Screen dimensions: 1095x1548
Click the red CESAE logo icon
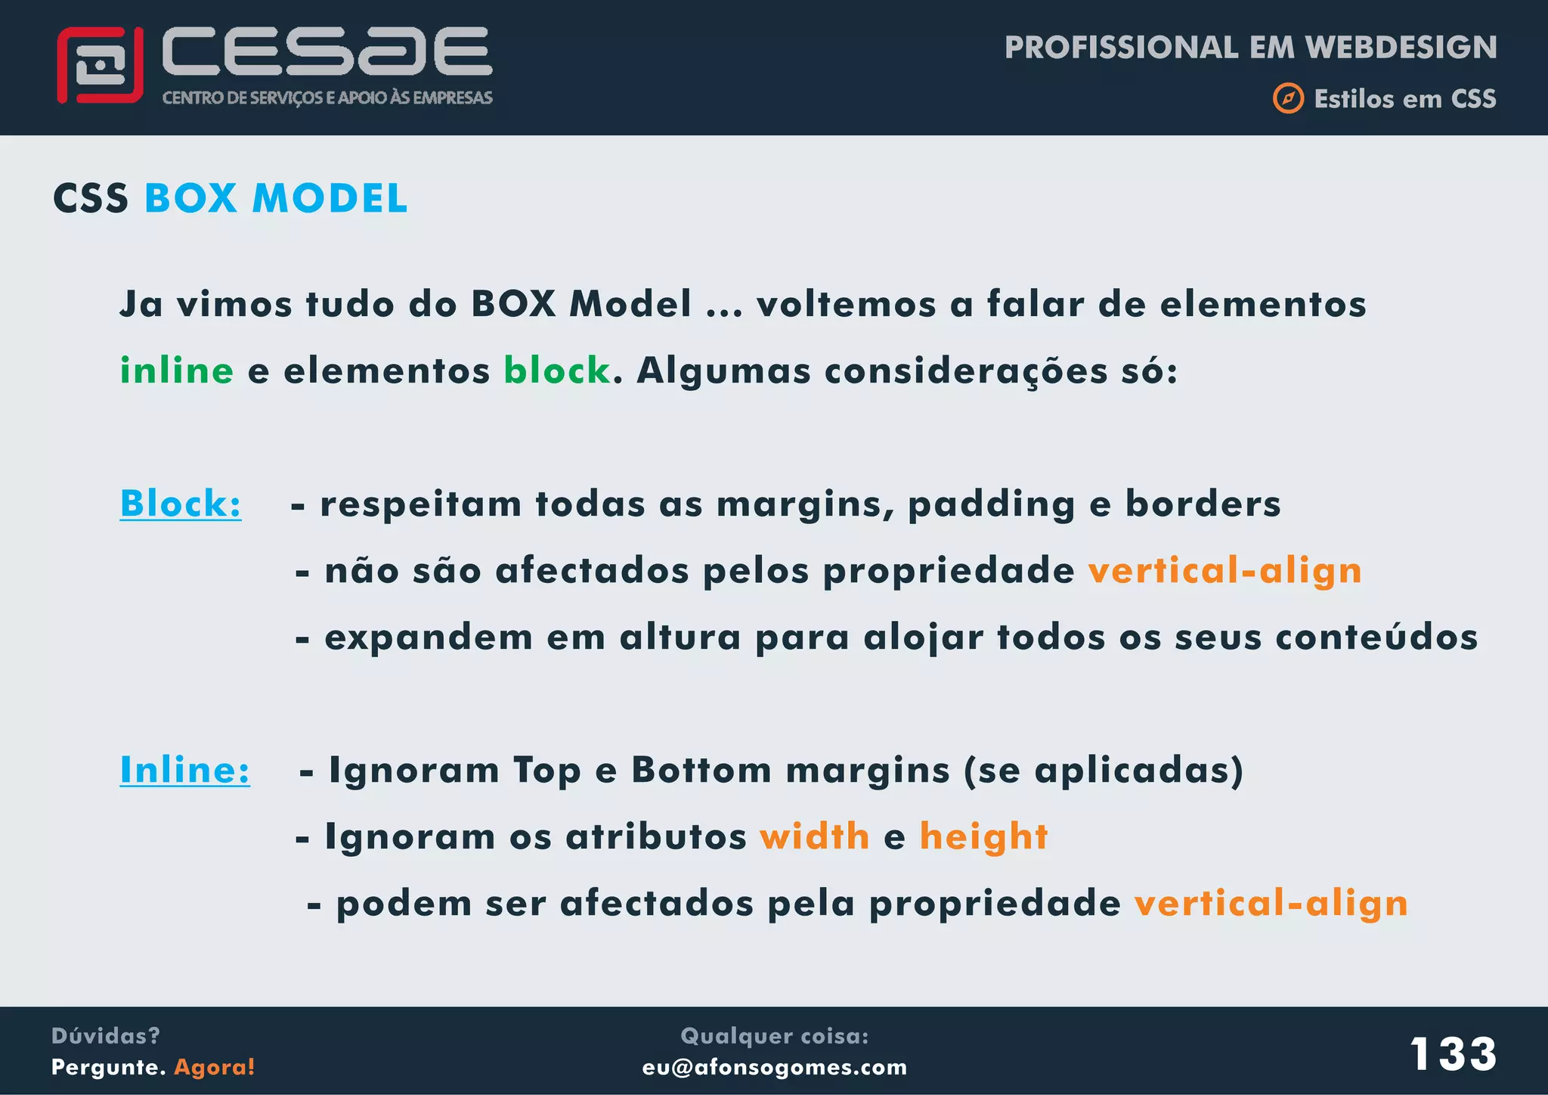(100, 66)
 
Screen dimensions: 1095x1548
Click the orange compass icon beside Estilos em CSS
(1288, 98)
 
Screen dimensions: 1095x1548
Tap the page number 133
(1453, 1053)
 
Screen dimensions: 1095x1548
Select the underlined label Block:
(181, 504)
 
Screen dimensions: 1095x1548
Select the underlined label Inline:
(184, 770)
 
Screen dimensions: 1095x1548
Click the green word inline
(177, 371)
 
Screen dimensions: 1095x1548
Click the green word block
(557, 371)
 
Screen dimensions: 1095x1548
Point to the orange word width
(815, 836)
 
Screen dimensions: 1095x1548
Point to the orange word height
(983, 836)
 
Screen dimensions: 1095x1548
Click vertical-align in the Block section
(1224, 570)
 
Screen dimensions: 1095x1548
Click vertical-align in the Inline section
(1271, 903)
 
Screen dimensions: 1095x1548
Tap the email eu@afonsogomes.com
(774, 1067)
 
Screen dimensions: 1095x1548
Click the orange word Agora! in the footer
(215, 1067)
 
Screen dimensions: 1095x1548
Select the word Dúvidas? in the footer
(105, 1035)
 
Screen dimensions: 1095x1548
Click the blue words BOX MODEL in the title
(276, 199)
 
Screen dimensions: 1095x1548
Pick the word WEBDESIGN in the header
(1401, 48)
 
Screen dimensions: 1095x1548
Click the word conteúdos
(1376, 637)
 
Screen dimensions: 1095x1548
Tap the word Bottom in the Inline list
(701, 770)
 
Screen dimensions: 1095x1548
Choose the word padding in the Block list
(991, 504)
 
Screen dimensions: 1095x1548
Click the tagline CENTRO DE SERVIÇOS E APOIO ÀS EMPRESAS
(327, 98)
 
